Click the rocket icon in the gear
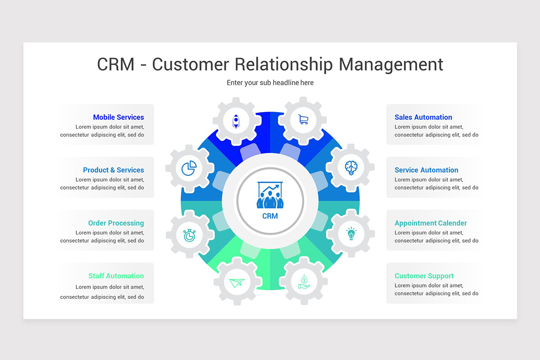click(236, 121)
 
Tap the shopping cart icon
click(303, 119)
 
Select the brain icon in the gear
click(351, 167)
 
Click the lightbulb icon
click(351, 233)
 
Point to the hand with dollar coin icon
click(304, 282)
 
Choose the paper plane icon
click(237, 283)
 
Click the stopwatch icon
click(189, 235)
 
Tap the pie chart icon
click(189, 168)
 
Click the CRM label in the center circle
click(270, 216)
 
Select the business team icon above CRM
click(270, 195)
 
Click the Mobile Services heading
click(119, 117)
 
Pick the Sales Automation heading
click(423, 117)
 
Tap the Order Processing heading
click(116, 223)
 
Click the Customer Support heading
click(424, 276)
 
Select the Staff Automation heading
click(116, 276)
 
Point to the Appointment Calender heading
click(431, 223)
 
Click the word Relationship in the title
click(283, 65)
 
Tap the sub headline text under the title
click(270, 83)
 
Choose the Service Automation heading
click(427, 170)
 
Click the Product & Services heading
click(113, 170)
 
